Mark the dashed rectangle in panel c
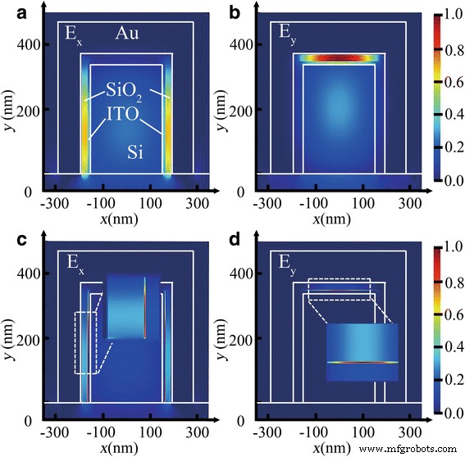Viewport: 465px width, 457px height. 85,342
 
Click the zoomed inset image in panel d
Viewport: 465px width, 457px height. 362,352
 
